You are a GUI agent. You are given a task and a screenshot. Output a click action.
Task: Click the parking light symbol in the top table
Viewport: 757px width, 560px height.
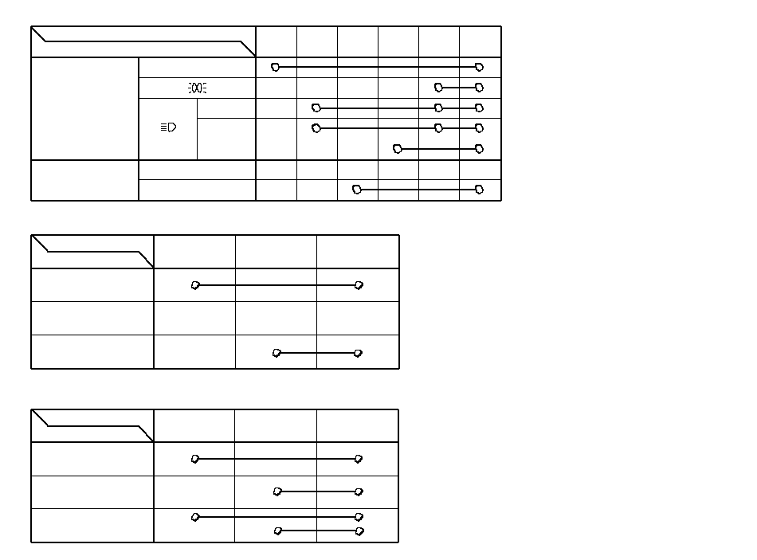[197, 88]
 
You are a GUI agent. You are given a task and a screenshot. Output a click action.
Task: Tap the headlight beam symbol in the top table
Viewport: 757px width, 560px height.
[168, 127]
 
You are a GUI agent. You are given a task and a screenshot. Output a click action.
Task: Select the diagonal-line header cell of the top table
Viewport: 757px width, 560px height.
[143, 41]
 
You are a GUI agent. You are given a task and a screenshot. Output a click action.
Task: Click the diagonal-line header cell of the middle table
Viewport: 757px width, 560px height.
[92, 252]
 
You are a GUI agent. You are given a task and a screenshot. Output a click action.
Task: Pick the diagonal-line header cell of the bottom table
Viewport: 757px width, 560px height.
[92, 426]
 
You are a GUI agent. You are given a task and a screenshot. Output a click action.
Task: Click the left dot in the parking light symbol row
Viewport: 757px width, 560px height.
[438, 88]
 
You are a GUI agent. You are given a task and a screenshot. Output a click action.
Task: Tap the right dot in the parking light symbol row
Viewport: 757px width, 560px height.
[479, 88]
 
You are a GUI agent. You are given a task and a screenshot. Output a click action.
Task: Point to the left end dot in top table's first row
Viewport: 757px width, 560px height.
[275, 67]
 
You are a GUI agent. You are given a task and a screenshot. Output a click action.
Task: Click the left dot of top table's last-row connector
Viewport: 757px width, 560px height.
[356, 190]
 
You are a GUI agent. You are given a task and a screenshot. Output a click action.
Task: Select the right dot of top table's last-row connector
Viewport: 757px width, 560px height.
[479, 190]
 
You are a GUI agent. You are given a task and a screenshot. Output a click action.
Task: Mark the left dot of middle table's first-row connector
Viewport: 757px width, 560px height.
[195, 285]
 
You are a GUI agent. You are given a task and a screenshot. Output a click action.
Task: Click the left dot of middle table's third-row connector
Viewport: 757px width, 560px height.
[277, 353]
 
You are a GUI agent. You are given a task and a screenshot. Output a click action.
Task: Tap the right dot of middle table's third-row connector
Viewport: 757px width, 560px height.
[358, 353]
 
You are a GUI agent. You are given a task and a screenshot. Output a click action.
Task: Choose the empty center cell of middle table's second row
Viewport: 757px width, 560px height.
[276, 319]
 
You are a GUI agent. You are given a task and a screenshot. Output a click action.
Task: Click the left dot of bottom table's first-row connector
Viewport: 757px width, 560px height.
[195, 459]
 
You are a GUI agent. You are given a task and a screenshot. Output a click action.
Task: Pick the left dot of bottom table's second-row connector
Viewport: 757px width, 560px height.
[277, 491]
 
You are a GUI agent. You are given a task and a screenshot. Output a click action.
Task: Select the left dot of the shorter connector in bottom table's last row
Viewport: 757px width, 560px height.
[277, 531]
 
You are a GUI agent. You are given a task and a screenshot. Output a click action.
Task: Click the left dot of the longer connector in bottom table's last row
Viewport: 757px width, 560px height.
[195, 517]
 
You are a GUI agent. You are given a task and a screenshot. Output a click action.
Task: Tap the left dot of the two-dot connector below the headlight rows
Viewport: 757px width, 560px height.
[398, 148]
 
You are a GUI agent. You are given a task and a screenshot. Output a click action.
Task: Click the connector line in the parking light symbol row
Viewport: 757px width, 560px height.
[458, 88]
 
